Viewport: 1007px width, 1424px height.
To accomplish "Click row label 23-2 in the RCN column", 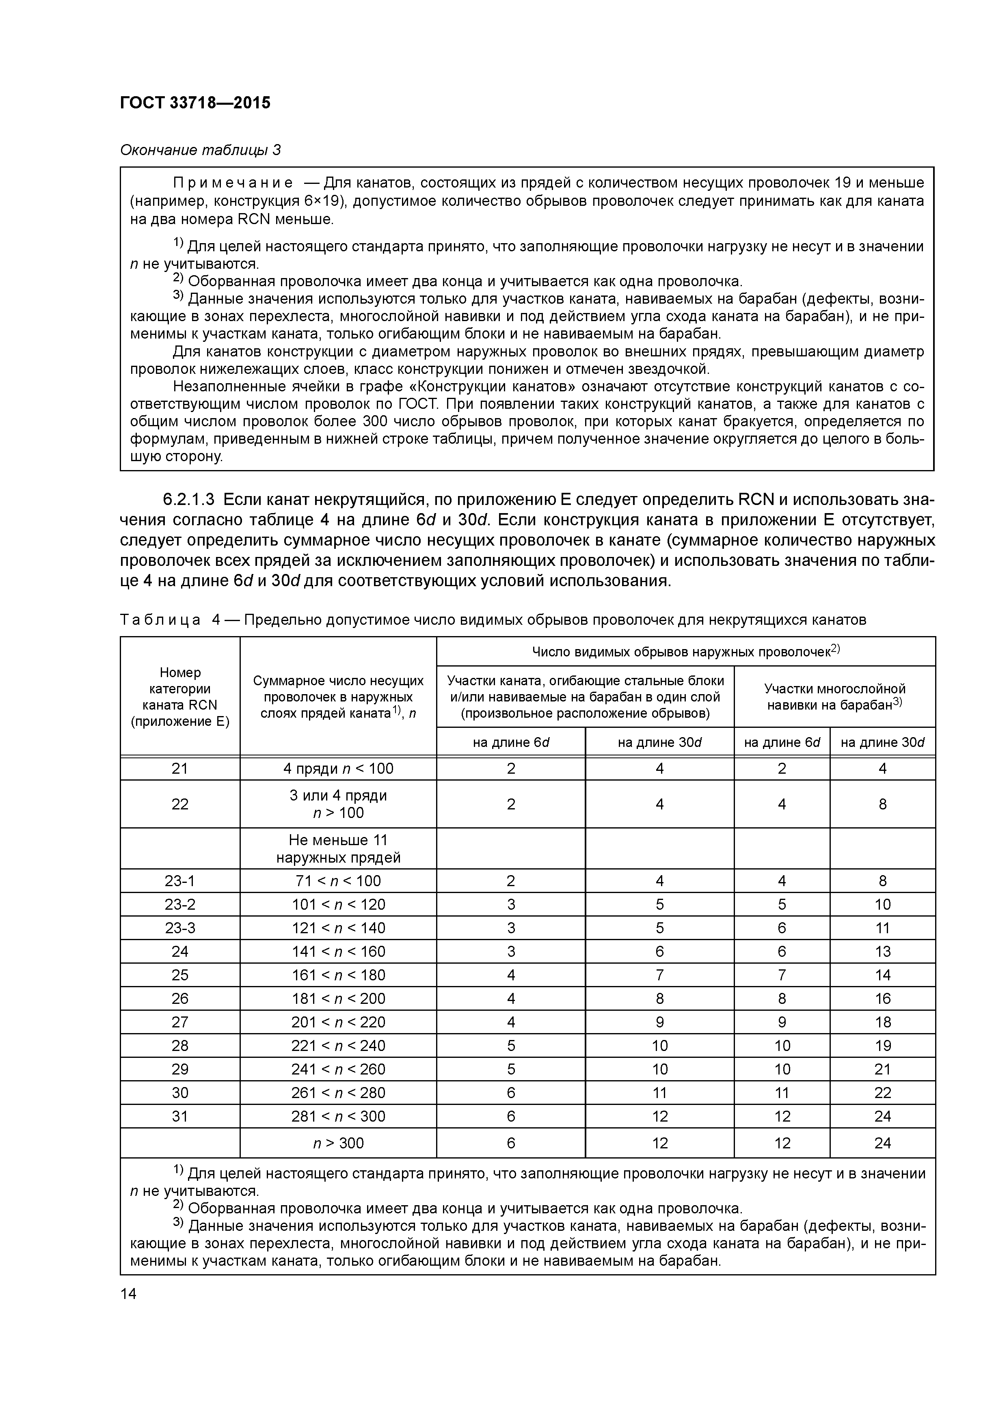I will point(180,904).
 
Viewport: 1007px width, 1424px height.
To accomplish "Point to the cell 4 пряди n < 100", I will point(338,768).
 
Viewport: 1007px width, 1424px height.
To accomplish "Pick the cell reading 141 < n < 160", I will point(338,951).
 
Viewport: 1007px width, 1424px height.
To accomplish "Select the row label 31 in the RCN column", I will point(180,1116).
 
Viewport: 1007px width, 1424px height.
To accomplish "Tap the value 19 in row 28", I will point(882,1046).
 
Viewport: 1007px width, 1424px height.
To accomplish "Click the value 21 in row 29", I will point(882,1069).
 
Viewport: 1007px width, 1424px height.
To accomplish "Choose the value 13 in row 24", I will point(882,951).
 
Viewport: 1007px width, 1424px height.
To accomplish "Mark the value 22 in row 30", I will point(882,1093).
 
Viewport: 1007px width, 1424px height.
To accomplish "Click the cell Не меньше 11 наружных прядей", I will point(338,848).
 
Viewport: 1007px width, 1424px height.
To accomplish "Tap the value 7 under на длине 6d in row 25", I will point(782,975).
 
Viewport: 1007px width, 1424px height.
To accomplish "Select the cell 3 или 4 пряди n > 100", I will point(338,804).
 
